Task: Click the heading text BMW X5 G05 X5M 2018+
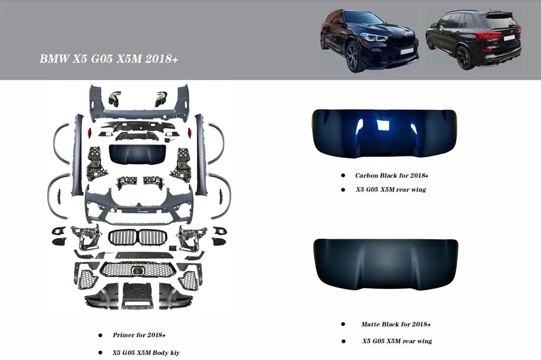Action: [109, 58]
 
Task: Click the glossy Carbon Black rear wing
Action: [384, 133]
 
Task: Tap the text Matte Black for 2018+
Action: [395, 324]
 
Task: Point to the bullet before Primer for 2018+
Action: [100, 336]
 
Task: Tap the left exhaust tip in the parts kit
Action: [114, 99]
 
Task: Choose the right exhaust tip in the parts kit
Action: [161, 99]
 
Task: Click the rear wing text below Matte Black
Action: [397, 341]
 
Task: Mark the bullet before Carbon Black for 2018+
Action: [342, 175]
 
